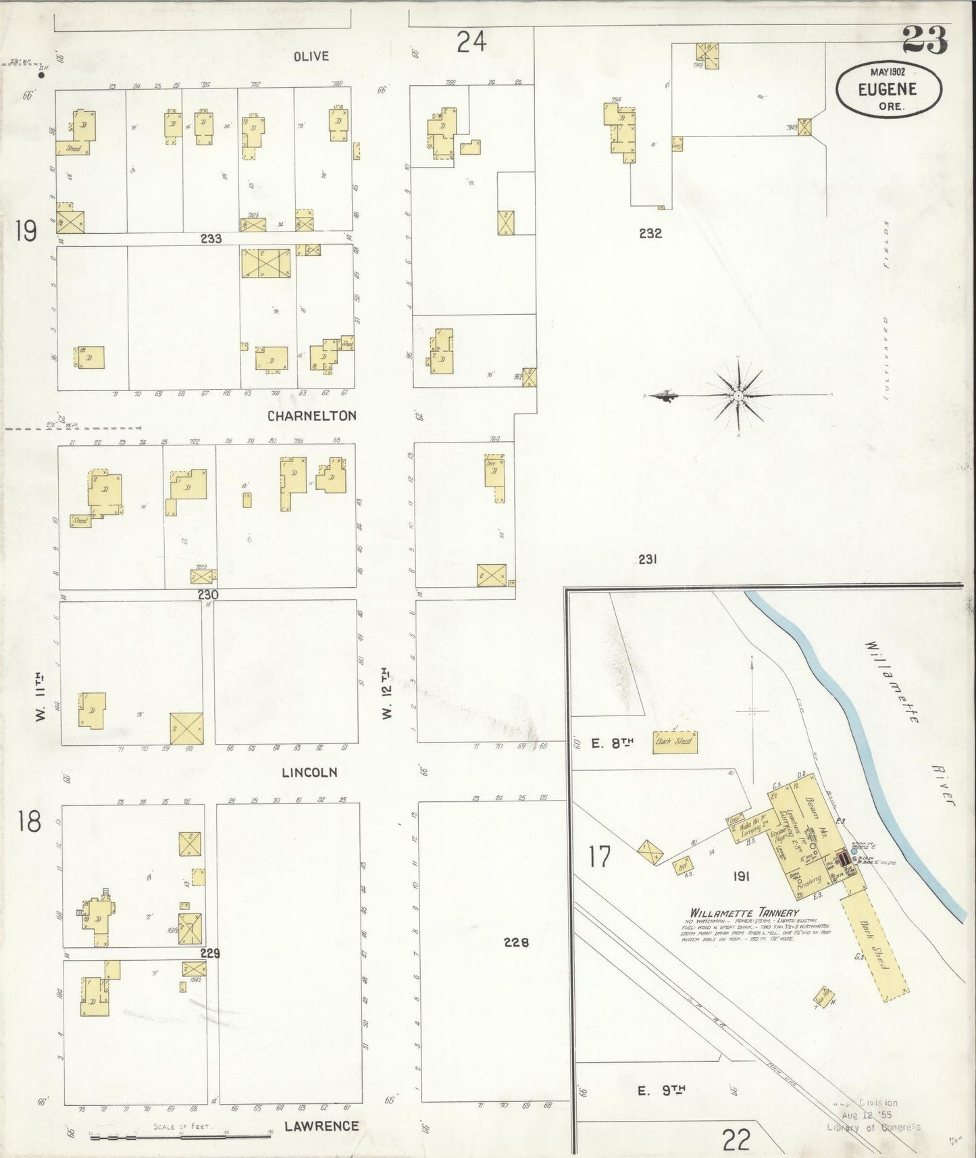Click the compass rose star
pyautogui.click(x=740, y=395)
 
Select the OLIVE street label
pyautogui.click(x=311, y=56)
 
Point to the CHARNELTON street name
pyautogui.click(x=311, y=416)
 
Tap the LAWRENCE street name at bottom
pyautogui.click(x=321, y=1126)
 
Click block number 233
pyautogui.click(x=211, y=238)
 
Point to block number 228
pyautogui.click(x=517, y=942)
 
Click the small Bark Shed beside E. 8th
pyautogui.click(x=673, y=741)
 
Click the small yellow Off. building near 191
pyautogui.click(x=683, y=865)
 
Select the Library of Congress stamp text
pyautogui.click(x=873, y=1127)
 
